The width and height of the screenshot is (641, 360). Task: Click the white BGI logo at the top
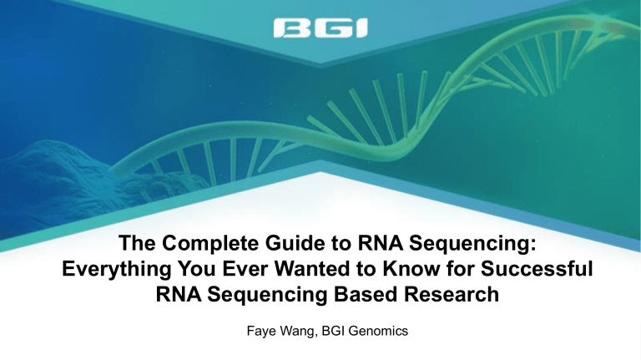(x=320, y=28)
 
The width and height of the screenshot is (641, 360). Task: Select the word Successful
(x=537, y=269)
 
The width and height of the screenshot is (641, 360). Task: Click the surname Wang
(x=298, y=331)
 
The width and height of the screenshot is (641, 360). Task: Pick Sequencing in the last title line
(x=267, y=296)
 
